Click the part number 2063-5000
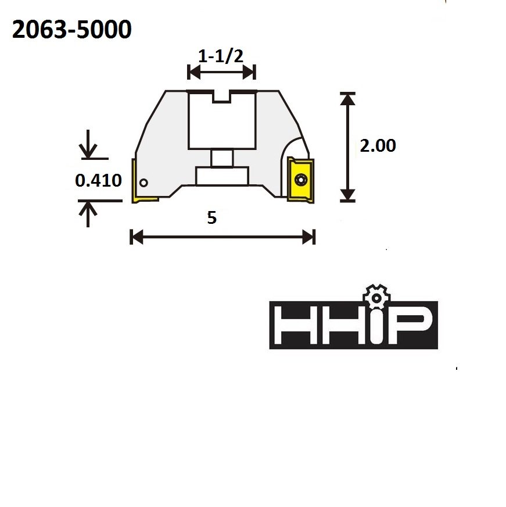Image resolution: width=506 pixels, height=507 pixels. pos(71,31)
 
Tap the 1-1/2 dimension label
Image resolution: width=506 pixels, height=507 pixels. pos(221,56)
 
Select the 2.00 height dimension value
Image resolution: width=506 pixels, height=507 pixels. pos(378,145)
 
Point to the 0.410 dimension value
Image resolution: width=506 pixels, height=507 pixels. pos(98,181)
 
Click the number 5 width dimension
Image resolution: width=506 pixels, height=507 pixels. pos(211,217)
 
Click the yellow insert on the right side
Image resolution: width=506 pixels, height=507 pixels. pos(300,180)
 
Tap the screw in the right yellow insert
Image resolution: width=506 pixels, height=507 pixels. pos(300,180)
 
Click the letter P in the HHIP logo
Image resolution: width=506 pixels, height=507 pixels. pos(414,325)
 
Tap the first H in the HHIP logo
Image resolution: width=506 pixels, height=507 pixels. pos(294,325)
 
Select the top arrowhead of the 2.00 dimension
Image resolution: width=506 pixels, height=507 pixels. pos(347,99)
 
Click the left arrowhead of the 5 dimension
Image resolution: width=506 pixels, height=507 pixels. pos(137,237)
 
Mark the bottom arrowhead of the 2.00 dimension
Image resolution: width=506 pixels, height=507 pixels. pos(347,195)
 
